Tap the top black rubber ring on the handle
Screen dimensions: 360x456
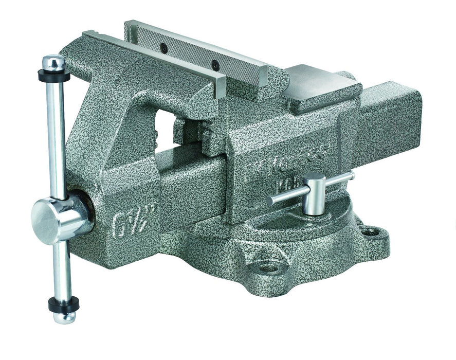53,75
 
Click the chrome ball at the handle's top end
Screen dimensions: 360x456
53,63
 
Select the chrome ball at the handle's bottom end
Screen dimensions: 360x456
65,315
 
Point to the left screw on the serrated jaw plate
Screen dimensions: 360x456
164,47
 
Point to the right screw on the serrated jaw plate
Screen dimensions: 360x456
216,65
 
